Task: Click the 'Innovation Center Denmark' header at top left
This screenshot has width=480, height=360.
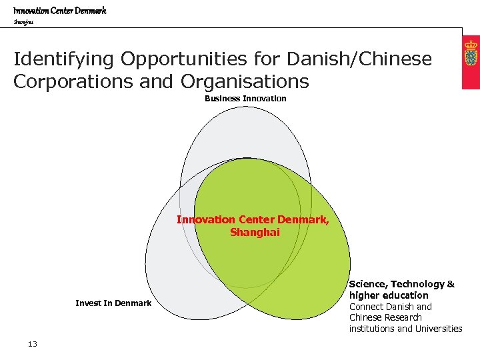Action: [60, 10]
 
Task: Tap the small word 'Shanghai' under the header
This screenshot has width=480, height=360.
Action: [23, 22]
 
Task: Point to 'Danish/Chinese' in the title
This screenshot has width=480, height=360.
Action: [359, 59]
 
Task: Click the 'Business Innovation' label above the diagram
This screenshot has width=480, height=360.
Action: [245, 99]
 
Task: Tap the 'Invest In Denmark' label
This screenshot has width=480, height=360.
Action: [113, 303]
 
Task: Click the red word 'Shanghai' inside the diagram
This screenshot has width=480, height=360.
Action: [255, 233]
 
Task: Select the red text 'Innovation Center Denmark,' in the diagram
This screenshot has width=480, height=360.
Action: [253, 220]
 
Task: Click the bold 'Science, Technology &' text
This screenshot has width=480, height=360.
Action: [402, 284]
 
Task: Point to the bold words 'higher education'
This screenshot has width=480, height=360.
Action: [389, 295]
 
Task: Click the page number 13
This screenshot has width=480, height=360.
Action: [33, 344]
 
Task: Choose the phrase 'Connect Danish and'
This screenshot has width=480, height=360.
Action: [391, 307]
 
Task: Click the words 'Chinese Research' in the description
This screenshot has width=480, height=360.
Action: [385, 317]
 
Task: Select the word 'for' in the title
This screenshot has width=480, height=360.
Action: [269, 59]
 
